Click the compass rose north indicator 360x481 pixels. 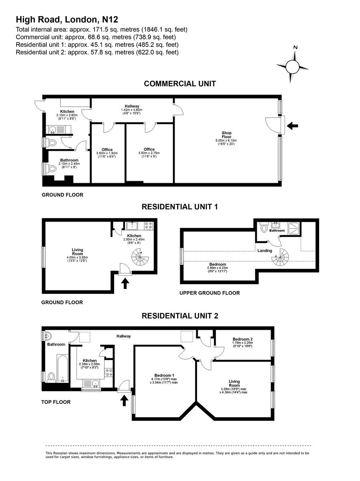click(x=295, y=48)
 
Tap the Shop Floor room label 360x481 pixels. click(x=227, y=135)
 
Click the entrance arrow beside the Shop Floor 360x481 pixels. click(x=293, y=126)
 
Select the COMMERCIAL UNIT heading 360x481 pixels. click(x=180, y=84)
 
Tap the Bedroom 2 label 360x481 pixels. click(x=243, y=339)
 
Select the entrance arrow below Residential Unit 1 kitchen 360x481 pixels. click(x=125, y=283)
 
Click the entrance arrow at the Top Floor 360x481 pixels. click(x=124, y=399)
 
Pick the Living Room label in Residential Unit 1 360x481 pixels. click(x=77, y=252)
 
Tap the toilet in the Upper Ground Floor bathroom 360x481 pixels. click(x=263, y=228)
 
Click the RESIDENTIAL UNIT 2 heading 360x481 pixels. click(x=180, y=316)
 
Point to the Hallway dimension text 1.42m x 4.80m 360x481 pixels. click(x=132, y=110)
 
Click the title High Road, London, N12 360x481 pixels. click(x=67, y=19)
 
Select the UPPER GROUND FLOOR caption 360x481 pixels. click(x=210, y=293)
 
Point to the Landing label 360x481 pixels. click(x=265, y=251)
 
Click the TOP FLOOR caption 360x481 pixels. click(x=56, y=402)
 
